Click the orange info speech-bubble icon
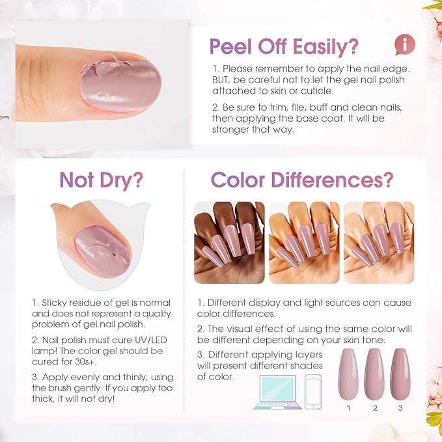coord(404,44)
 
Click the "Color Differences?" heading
coord(302,180)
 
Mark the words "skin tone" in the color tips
coord(363,340)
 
